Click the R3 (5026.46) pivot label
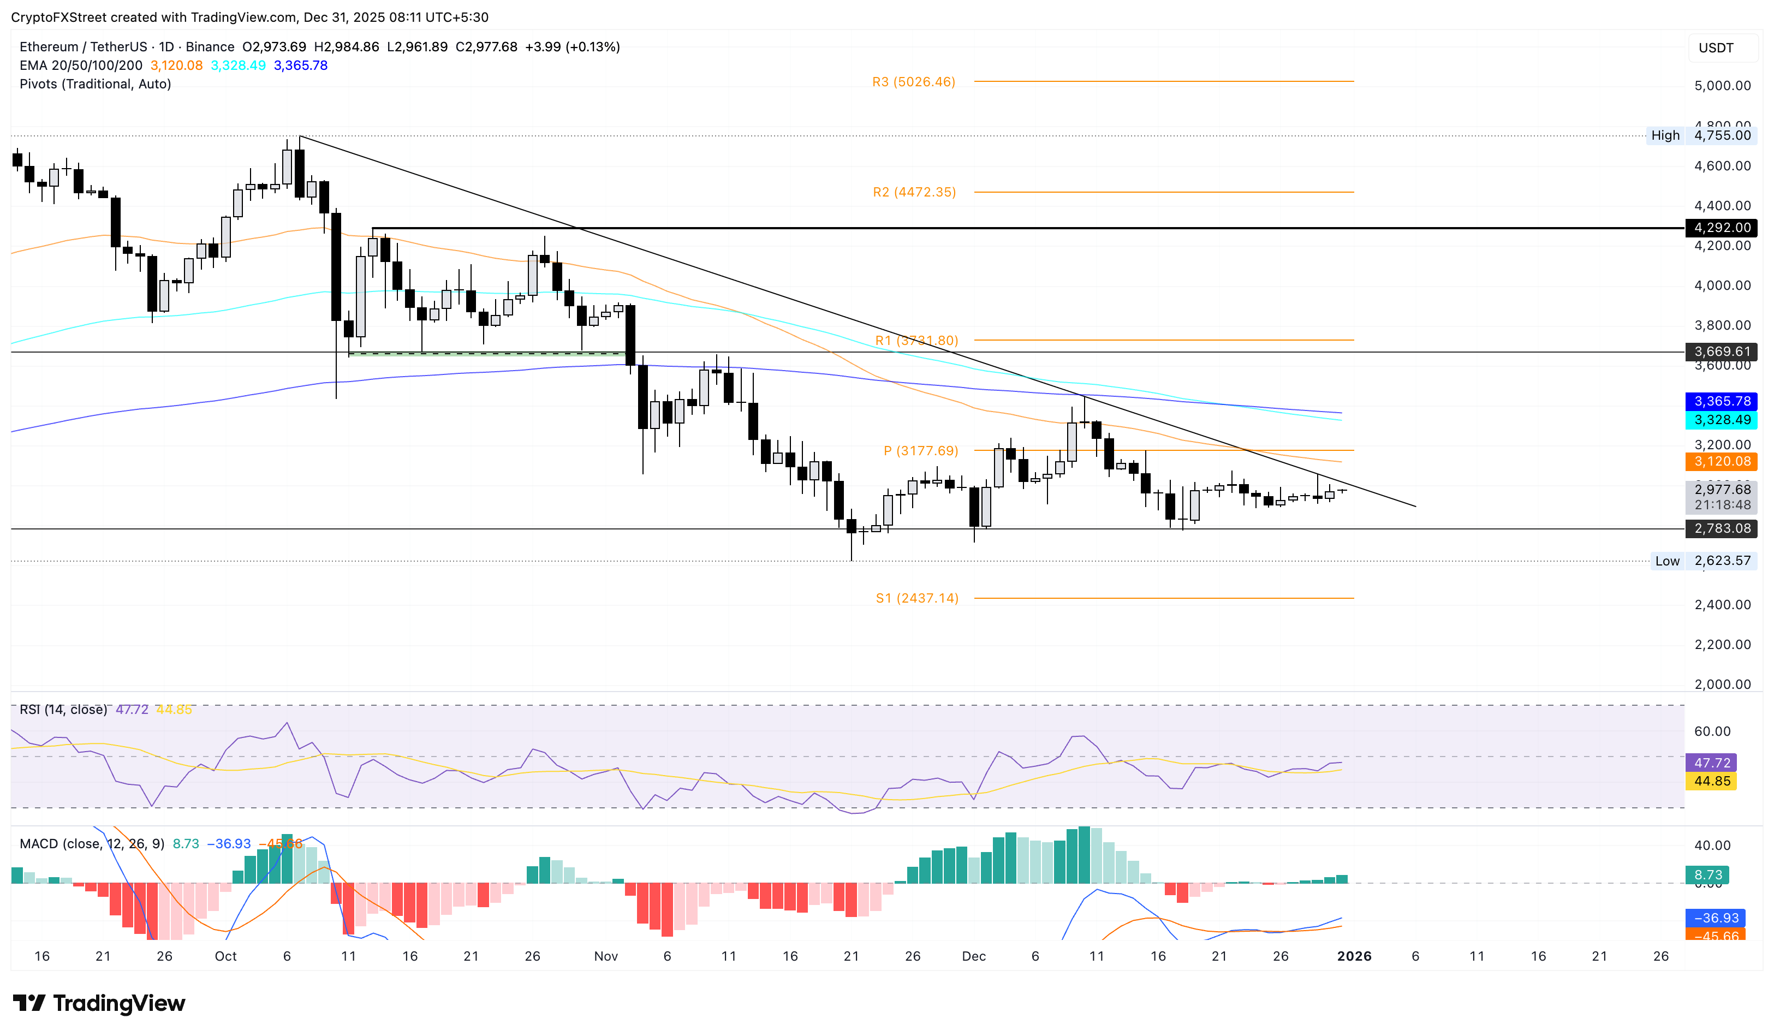tap(913, 82)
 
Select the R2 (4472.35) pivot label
tap(914, 192)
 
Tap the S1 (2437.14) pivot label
tap(916, 598)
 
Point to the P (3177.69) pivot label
tap(920, 450)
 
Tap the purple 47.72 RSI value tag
tap(1711, 763)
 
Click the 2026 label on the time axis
tap(1353, 956)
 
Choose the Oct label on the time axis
tap(225, 956)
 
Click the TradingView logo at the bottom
tap(99, 1003)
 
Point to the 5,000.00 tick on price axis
tap(1722, 86)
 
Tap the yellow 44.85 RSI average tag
tap(1711, 781)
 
